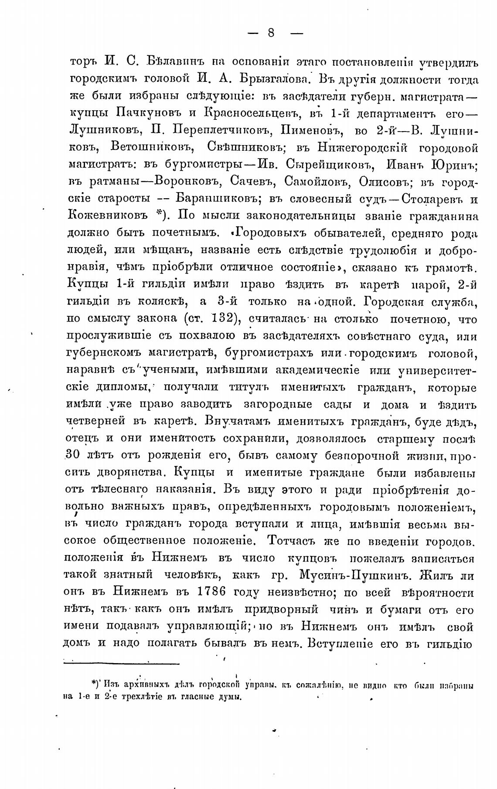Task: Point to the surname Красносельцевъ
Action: click(x=253, y=114)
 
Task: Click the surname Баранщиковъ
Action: click(x=216, y=199)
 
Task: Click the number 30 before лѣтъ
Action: click(x=71, y=456)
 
